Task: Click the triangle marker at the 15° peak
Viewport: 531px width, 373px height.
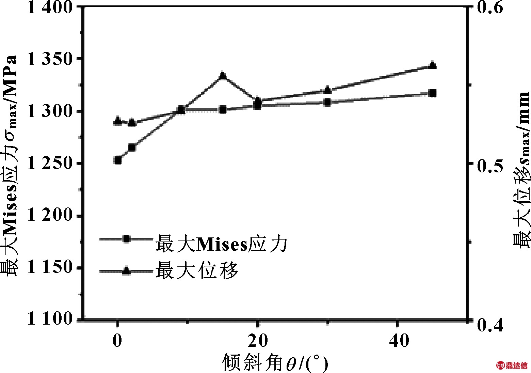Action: [x=223, y=76]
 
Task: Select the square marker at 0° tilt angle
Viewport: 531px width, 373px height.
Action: [x=118, y=160]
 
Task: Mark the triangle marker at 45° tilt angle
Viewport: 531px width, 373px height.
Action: [x=433, y=65]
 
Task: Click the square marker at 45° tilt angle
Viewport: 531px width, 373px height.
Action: [x=433, y=93]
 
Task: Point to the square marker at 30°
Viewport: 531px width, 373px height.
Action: [x=327, y=102]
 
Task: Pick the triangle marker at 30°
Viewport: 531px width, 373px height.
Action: [x=327, y=90]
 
